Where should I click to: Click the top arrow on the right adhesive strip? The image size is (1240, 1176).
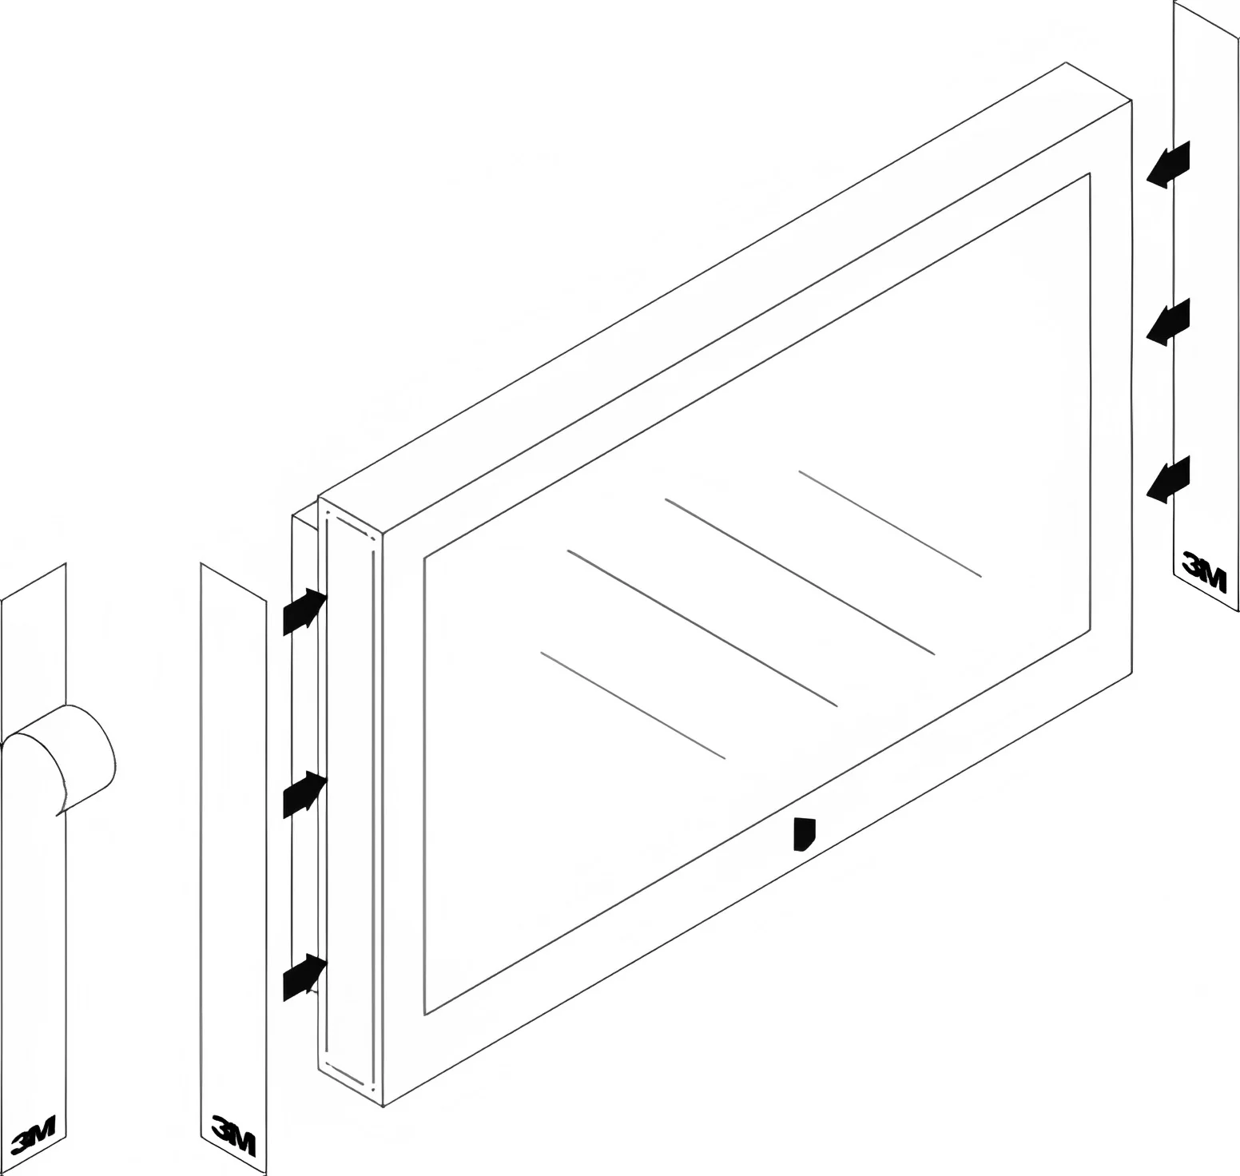pyautogui.click(x=1168, y=165)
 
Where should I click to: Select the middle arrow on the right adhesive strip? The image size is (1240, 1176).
pyautogui.click(x=1168, y=321)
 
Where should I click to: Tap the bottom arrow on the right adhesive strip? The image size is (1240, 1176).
pyautogui.click(x=1168, y=479)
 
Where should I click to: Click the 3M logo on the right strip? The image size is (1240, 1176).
pyautogui.click(x=1203, y=571)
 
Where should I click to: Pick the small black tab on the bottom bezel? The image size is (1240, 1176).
pyautogui.click(x=805, y=834)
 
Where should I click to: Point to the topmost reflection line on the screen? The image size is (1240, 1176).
pyautogui.click(x=890, y=523)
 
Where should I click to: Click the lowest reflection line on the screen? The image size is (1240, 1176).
pyautogui.click(x=633, y=705)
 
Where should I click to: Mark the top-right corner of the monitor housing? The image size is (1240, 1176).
pyautogui.click(x=1132, y=100)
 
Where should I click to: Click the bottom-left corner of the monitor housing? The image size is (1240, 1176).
pyautogui.click(x=384, y=1107)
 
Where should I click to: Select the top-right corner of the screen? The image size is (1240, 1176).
pyautogui.click(x=1091, y=172)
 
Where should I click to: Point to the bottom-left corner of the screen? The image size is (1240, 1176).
pyautogui.click(x=425, y=1015)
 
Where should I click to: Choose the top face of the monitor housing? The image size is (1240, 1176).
pyautogui.click(x=725, y=297)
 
